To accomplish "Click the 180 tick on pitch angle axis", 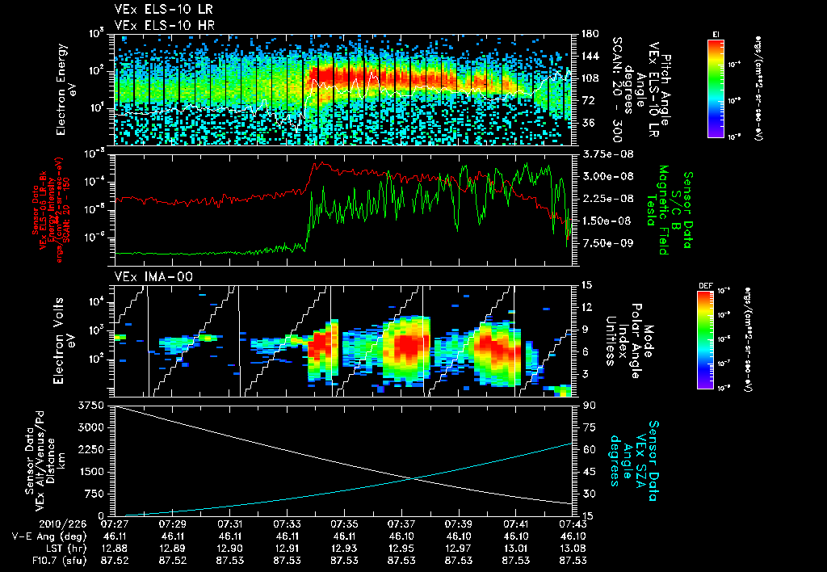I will tap(588, 34).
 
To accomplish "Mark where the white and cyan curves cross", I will tap(413, 478).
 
